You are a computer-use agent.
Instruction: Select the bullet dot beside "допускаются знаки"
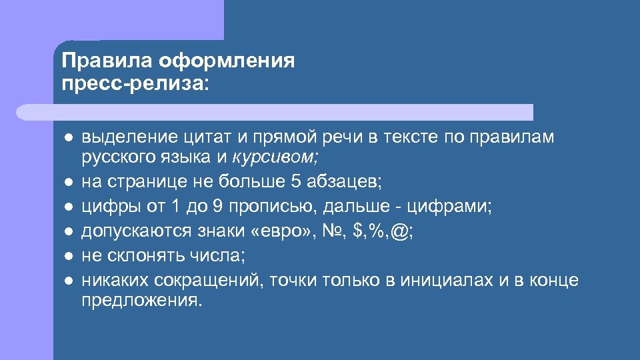coord(68,231)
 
